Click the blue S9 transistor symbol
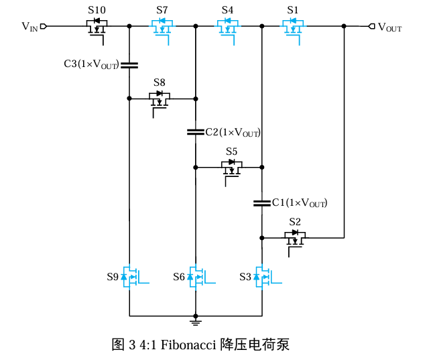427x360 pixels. point(130,277)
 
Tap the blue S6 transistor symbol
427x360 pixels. point(196,277)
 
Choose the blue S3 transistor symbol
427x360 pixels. point(261,277)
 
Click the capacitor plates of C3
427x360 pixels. point(129,65)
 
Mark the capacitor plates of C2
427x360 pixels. point(195,132)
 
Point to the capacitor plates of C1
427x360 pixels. point(261,202)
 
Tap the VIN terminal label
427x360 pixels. point(29,27)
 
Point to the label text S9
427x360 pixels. point(113,276)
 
